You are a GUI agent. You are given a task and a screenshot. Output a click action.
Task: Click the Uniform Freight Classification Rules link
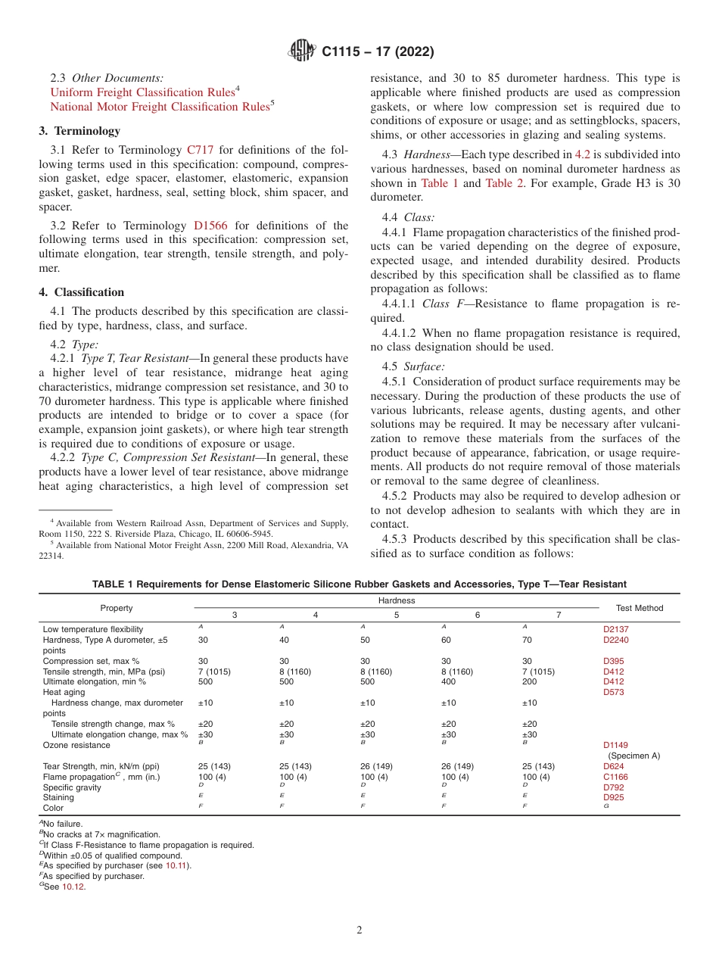[x=142, y=92]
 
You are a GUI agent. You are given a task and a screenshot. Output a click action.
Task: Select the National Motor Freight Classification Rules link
[x=160, y=107]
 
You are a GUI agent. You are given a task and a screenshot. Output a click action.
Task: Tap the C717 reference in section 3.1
[x=200, y=150]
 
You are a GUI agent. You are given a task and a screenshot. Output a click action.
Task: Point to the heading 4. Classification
[x=82, y=292]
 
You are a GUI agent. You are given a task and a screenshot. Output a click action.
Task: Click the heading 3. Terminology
[x=79, y=131]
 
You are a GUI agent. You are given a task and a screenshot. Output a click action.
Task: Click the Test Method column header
[x=640, y=608]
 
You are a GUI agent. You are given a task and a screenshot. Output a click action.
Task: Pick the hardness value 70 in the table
[x=527, y=640]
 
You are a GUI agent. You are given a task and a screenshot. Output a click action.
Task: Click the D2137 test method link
[x=615, y=629]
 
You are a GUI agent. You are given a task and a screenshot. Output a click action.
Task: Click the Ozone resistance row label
[x=76, y=746]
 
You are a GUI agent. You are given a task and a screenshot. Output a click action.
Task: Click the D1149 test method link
[x=615, y=745]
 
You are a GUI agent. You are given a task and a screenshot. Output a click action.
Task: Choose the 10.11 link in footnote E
[x=178, y=865]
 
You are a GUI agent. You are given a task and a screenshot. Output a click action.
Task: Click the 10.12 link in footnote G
[x=73, y=887]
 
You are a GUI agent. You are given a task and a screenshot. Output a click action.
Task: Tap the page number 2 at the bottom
[x=359, y=930]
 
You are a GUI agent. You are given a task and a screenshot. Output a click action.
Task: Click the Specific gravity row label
[x=72, y=787]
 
